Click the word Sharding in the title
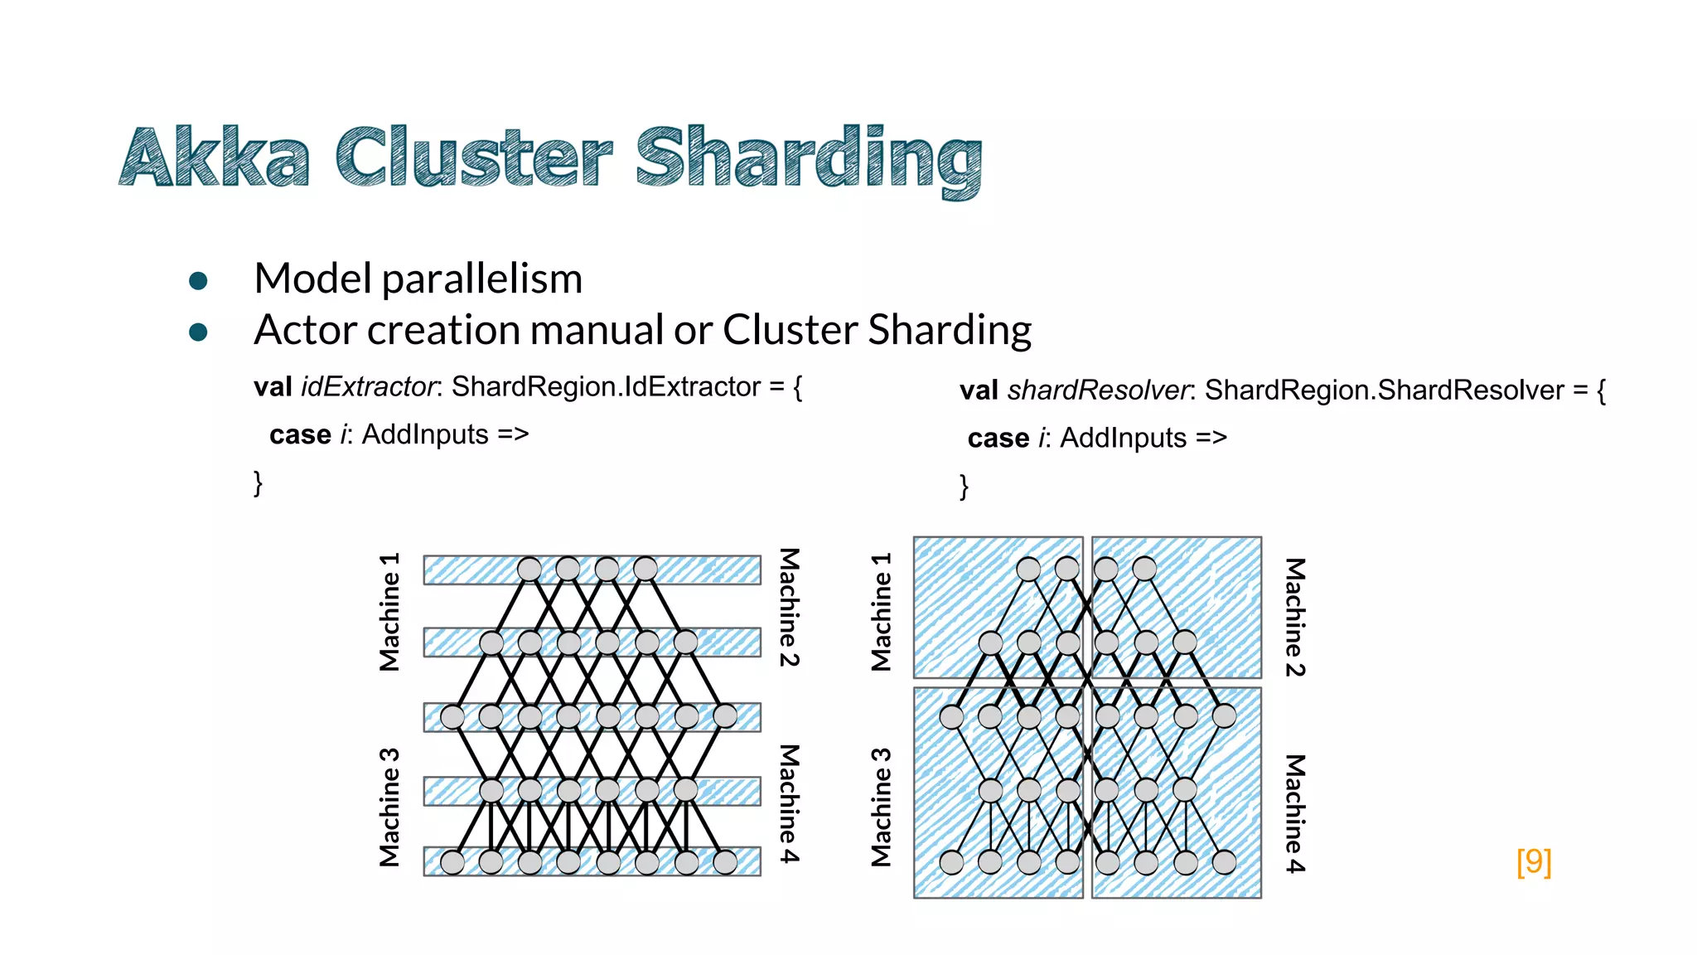click(x=809, y=159)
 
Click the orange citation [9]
click(x=1534, y=861)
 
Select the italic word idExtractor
click(x=369, y=387)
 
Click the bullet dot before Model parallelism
click(x=198, y=281)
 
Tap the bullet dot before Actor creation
click(x=198, y=332)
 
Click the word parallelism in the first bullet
click(x=482, y=279)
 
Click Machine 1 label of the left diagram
click(x=389, y=612)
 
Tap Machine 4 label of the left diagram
click(x=790, y=804)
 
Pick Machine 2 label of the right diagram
click(x=1295, y=618)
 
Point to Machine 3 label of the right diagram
click(x=882, y=807)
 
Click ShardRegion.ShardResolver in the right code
click(x=1384, y=390)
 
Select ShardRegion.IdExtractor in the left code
click(x=606, y=387)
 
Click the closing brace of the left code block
click(x=259, y=482)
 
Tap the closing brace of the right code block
click(x=964, y=486)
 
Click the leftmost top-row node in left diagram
click(x=529, y=570)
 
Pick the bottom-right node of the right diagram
click(x=1224, y=863)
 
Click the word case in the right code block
click(x=998, y=439)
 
